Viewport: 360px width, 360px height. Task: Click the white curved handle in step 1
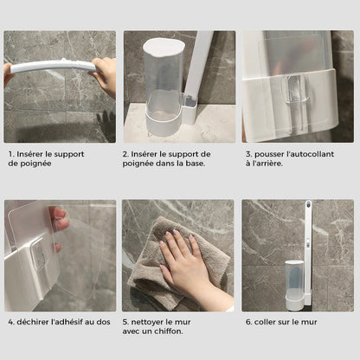point(52,67)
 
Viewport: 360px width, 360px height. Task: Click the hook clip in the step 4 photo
point(37,256)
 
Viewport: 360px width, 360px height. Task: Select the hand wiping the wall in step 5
point(186,264)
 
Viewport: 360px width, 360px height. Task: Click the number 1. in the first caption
point(11,154)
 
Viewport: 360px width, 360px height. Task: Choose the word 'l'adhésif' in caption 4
point(69,321)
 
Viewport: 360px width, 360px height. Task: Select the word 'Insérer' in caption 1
point(33,154)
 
